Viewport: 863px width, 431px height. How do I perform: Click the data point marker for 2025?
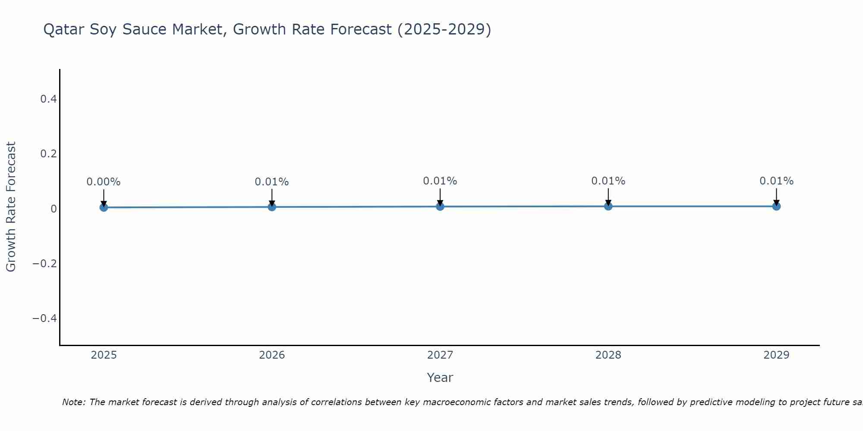click(x=104, y=207)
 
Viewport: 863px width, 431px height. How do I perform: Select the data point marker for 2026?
click(x=272, y=207)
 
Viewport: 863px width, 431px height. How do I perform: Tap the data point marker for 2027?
click(x=440, y=206)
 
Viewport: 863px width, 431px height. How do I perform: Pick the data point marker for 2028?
click(x=608, y=206)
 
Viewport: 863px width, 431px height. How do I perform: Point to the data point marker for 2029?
click(x=776, y=206)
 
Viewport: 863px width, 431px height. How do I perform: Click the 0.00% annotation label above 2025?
click(x=104, y=182)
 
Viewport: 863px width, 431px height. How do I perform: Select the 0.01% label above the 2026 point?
click(x=272, y=182)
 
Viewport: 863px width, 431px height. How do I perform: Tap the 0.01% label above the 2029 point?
click(x=776, y=181)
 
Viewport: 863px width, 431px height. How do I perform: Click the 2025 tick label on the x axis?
click(x=104, y=355)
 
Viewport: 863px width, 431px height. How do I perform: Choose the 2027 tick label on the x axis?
click(x=440, y=355)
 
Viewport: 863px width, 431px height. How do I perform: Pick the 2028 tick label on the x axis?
click(x=608, y=355)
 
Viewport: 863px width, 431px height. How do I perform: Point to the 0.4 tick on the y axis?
click(x=48, y=99)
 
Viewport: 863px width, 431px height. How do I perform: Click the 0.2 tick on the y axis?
click(x=48, y=154)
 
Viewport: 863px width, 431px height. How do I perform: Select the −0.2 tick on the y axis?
click(x=45, y=263)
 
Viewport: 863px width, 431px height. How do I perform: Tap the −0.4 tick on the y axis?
click(x=45, y=318)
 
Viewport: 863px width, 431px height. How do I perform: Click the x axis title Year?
click(x=440, y=378)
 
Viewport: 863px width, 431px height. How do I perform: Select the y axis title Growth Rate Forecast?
click(x=11, y=206)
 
